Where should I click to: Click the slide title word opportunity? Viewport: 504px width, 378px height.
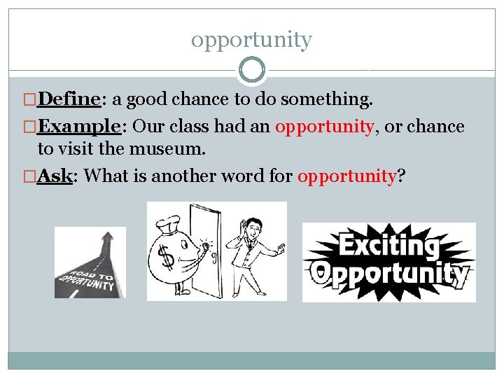pos(251,40)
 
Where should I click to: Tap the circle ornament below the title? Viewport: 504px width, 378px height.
pos(252,70)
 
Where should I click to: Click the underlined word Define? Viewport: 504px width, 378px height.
pos(70,100)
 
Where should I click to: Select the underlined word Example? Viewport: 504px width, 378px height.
pos(80,127)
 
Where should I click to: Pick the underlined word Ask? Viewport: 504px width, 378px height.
pos(55,176)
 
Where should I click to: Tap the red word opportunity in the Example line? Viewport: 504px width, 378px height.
pos(316,127)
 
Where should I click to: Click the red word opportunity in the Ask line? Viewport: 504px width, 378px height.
pos(347,176)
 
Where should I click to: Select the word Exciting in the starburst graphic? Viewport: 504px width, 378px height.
pos(388,246)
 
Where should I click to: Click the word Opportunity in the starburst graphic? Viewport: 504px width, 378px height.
pos(390,274)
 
